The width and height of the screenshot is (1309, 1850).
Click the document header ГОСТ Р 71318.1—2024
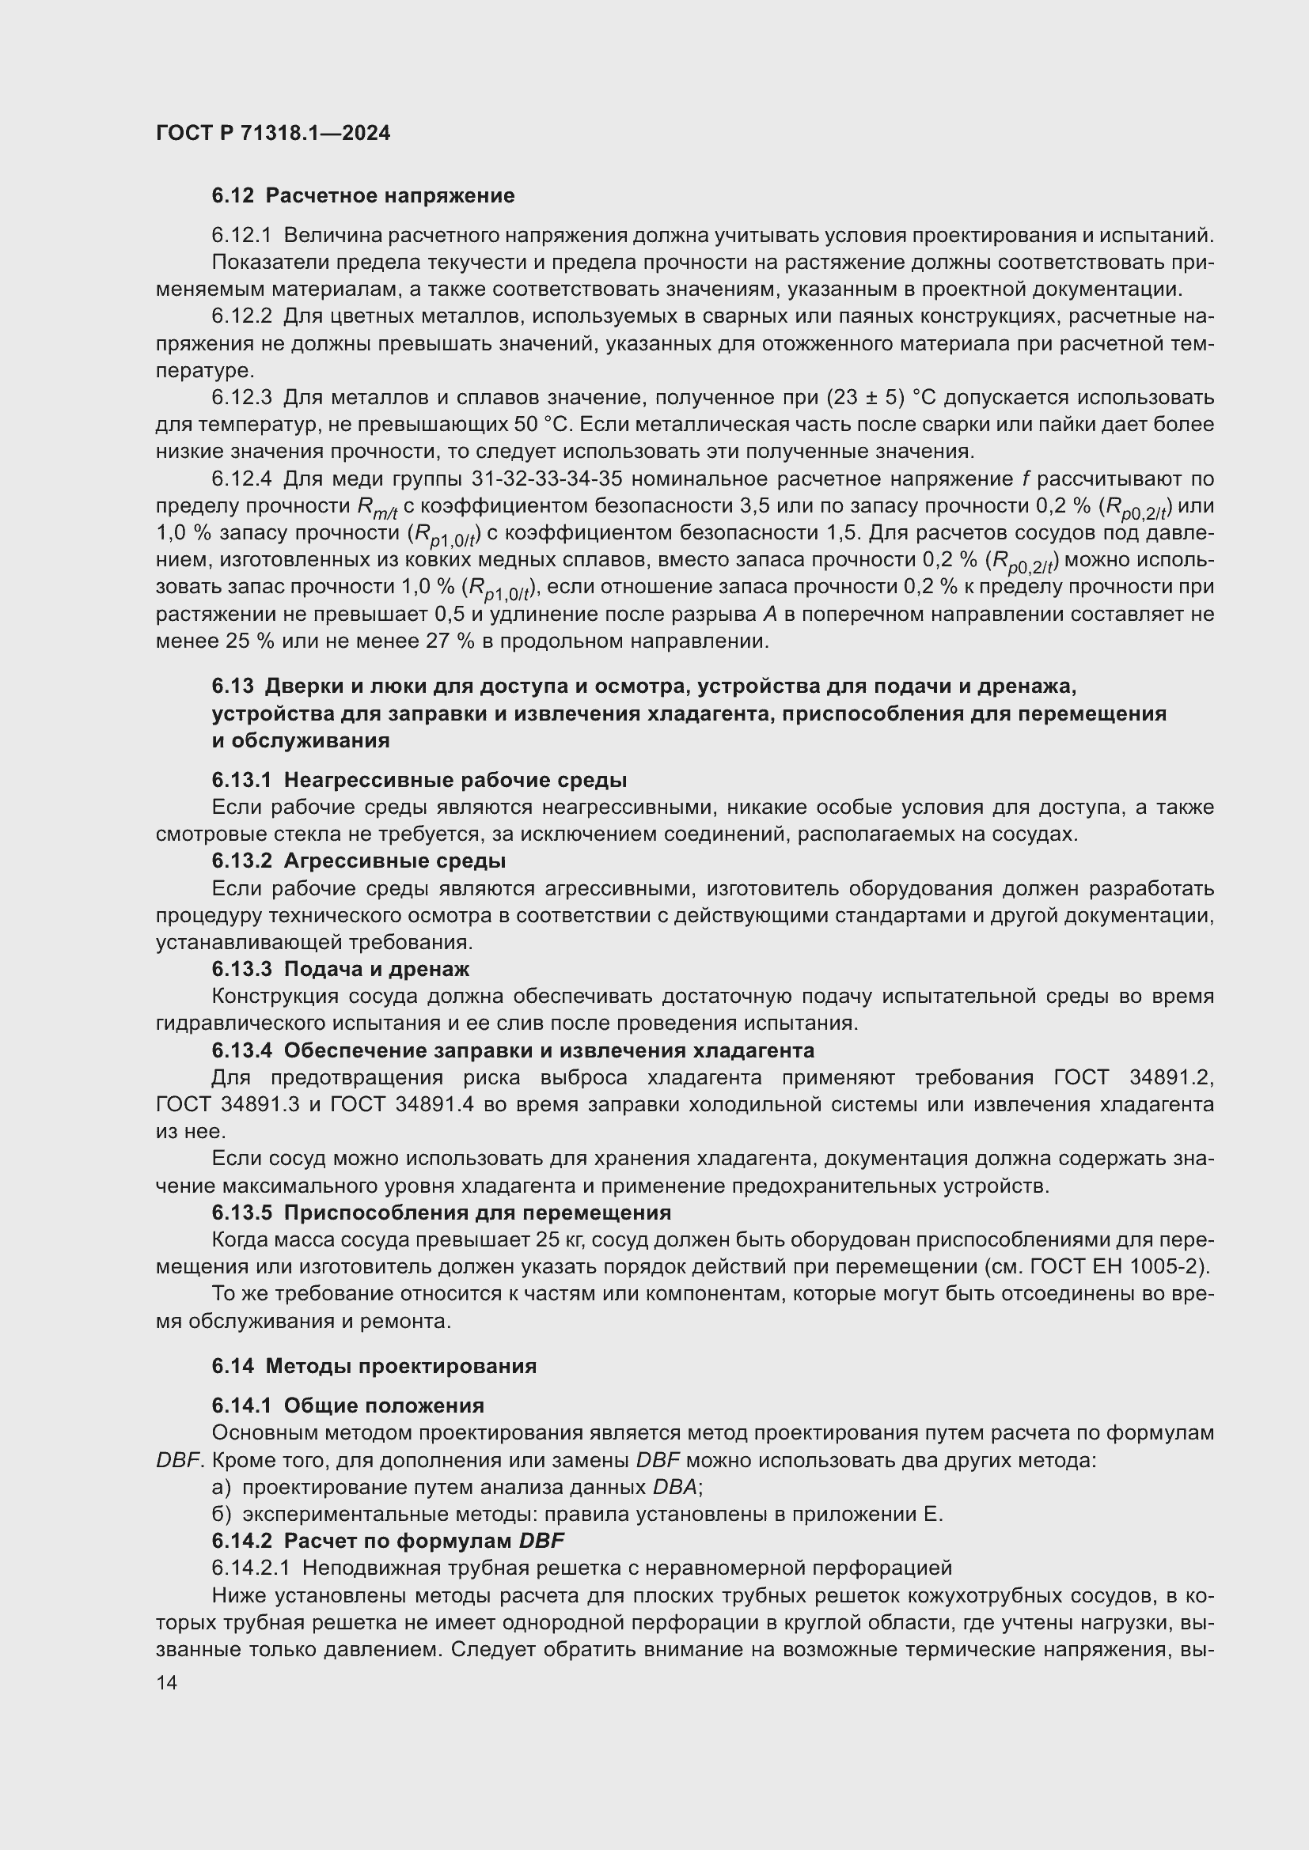point(272,134)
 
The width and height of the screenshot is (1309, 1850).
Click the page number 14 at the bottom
point(167,1682)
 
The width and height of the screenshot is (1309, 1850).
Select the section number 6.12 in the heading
point(233,196)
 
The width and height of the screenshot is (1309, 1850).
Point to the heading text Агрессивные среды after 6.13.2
point(395,861)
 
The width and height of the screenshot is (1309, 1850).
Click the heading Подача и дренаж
point(377,969)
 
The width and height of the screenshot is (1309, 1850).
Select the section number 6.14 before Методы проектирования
point(233,1366)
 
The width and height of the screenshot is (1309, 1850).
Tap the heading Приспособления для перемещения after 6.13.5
point(477,1213)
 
